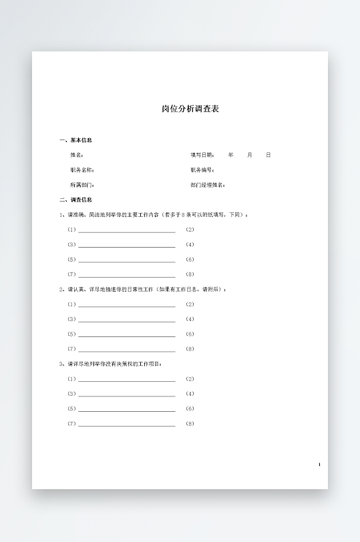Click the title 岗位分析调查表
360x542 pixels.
(x=190, y=109)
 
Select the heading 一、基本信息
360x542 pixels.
(x=75, y=140)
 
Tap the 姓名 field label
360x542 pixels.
(x=77, y=155)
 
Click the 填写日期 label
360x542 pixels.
(x=202, y=155)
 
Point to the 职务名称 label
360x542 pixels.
(x=82, y=170)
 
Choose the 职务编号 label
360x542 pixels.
(x=202, y=170)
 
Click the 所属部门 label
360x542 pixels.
(x=82, y=185)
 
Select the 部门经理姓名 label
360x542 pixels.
(x=208, y=185)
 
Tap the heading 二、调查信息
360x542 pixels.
(x=75, y=200)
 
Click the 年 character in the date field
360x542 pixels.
(x=231, y=155)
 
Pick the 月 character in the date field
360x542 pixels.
(x=250, y=155)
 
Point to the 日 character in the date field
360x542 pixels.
(x=268, y=155)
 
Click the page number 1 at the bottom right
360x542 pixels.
(x=319, y=465)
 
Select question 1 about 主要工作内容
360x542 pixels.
(x=154, y=215)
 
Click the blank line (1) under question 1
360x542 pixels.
(x=126, y=230)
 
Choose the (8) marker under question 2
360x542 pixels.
(x=190, y=349)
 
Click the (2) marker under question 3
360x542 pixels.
(x=190, y=379)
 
